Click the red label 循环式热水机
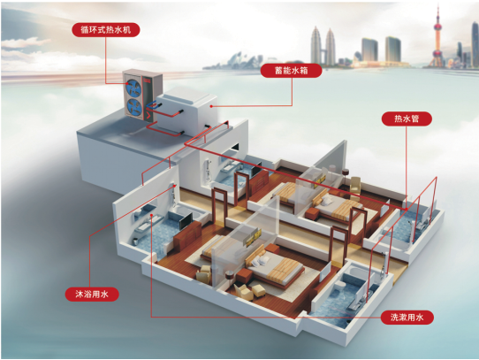[106, 30]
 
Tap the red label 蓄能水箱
[291, 71]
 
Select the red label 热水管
[407, 119]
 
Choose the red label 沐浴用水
[92, 295]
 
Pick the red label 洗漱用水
[407, 318]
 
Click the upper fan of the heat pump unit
[134, 87]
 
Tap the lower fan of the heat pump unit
[134, 106]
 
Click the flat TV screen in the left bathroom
[186, 220]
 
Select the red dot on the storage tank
[211, 106]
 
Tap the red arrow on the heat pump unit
[148, 115]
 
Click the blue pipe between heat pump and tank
[153, 105]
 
